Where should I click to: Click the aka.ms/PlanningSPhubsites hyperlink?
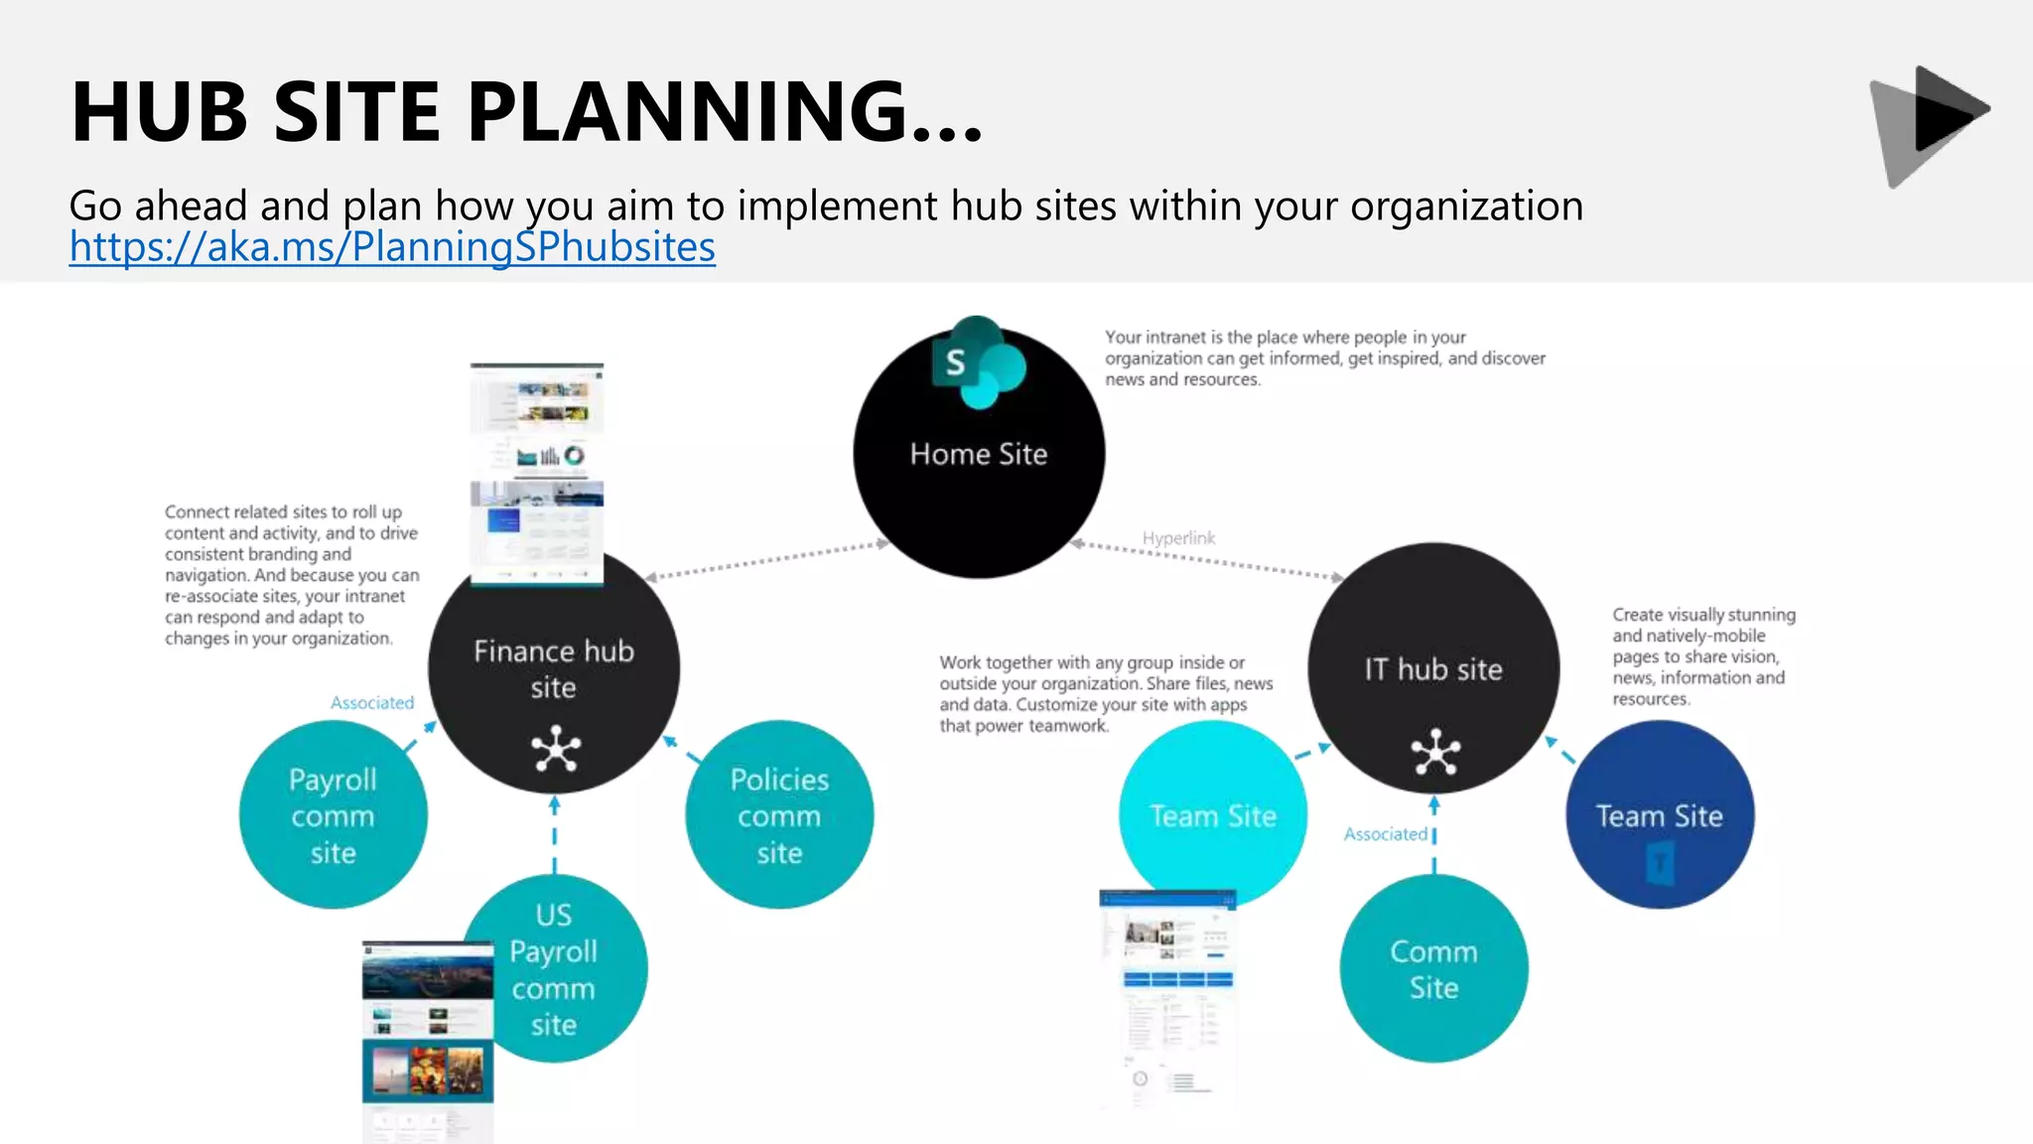click(x=392, y=247)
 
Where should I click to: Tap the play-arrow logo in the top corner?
click(x=1930, y=125)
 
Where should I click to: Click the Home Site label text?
click(x=979, y=454)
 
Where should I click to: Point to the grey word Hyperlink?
click(x=1178, y=538)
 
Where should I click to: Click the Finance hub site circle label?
click(x=553, y=668)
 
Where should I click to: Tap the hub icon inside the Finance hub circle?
click(x=555, y=749)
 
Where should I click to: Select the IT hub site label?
click(x=1432, y=669)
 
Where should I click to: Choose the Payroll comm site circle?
click(x=333, y=815)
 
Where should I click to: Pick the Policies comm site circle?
click(x=779, y=815)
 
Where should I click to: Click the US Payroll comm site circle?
click(x=566, y=968)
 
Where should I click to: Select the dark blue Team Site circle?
click(x=1660, y=815)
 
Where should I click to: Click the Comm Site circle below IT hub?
click(x=1433, y=968)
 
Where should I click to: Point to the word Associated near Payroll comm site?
click(x=372, y=703)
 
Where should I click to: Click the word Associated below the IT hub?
click(x=1386, y=834)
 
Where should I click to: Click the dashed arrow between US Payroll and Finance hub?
click(x=554, y=834)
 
